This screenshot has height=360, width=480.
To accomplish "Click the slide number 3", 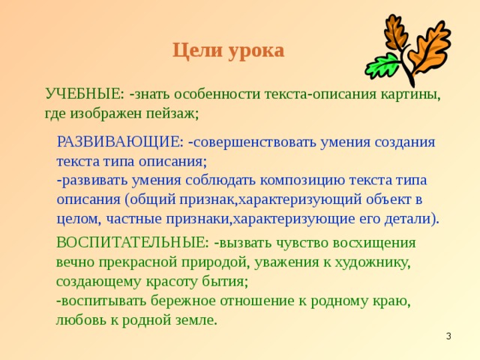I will pos(448,337).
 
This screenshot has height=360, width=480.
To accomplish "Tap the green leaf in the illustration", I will pos(381,65).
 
